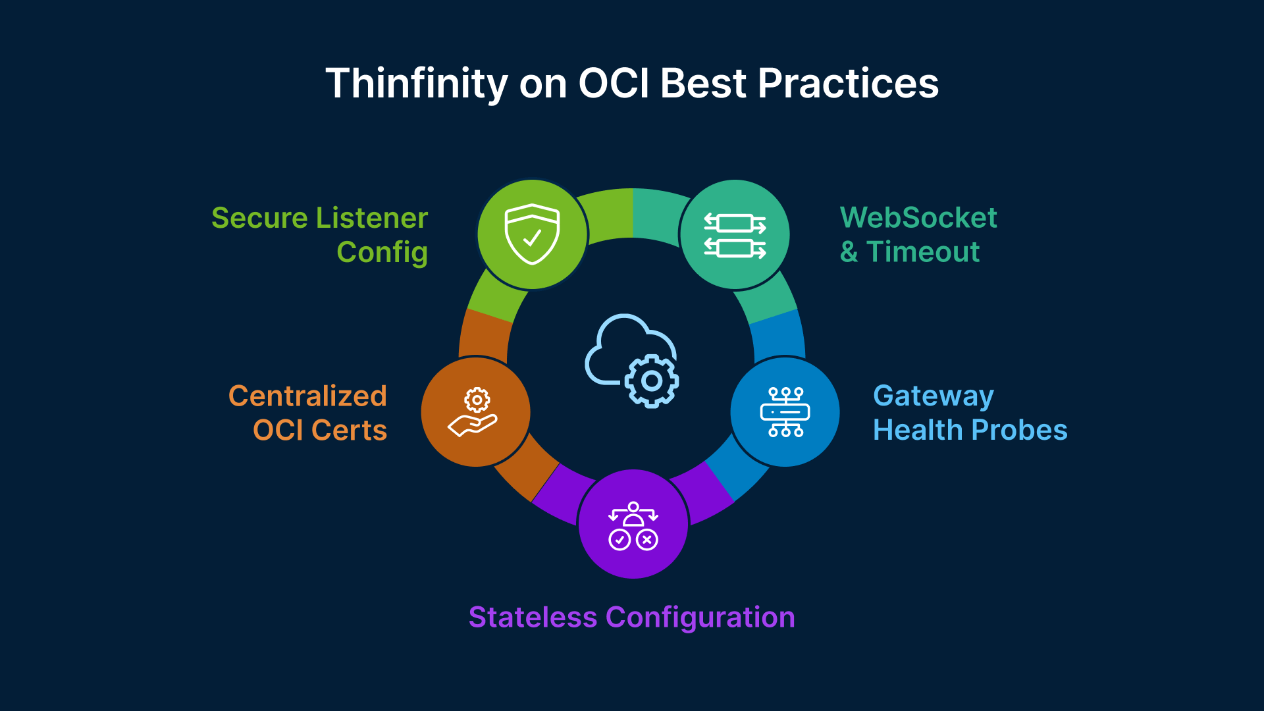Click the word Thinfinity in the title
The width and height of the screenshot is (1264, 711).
pos(416,84)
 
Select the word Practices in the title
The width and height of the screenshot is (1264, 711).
pos(848,84)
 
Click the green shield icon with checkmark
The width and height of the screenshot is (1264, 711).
pos(532,234)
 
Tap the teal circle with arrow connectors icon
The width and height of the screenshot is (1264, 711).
pos(735,234)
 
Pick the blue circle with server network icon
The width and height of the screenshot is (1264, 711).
pos(785,412)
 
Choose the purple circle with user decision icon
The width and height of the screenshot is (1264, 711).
pos(633,525)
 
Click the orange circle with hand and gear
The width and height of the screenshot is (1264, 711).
pos(475,412)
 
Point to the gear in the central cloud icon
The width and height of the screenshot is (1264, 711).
pos(651,381)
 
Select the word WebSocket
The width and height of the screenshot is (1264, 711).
pos(918,218)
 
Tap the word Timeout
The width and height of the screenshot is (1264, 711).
pos(923,252)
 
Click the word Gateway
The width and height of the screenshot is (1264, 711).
pos(933,396)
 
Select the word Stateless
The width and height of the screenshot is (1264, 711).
pos(533,618)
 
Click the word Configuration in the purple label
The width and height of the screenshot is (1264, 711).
pos(700,618)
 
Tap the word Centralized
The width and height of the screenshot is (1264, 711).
pos(307,396)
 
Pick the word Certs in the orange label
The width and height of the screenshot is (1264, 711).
pos(349,431)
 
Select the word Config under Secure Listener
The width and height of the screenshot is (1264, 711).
pos(382,252)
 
